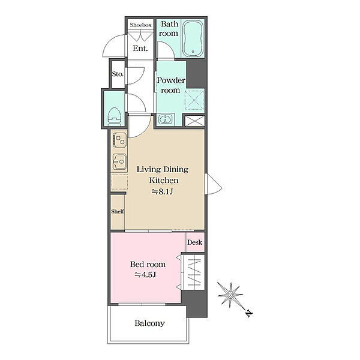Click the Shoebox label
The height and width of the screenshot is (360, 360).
tap(140, 25)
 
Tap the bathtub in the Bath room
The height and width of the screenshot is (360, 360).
tap(193, 38)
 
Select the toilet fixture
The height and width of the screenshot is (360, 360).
tap(115, 116)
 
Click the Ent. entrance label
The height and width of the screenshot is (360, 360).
tap(140, 49)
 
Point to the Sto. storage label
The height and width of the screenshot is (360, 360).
tap(118, 74)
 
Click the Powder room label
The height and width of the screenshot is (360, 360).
tap(171, 85)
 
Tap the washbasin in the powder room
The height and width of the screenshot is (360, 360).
tap(166, 119)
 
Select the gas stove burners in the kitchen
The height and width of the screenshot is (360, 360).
tap(119, 140)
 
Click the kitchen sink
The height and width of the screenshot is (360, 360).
tap(119, 161)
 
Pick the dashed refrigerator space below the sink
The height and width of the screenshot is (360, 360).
tap(119, 182)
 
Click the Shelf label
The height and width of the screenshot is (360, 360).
tap(118, 211)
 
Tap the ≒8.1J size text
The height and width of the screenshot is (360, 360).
tap(162, 192)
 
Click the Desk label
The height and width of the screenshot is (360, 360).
tap(194, 242)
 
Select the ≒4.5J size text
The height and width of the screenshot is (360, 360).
tap(145, 275)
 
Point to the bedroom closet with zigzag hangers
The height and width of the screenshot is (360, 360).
tap(193, 272)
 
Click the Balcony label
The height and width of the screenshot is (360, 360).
tap(149, 323)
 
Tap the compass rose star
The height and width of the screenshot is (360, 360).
tap(230, 295)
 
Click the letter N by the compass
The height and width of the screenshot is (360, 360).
tap(249, 313)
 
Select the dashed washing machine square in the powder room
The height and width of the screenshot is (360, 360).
tap(194, 100)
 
